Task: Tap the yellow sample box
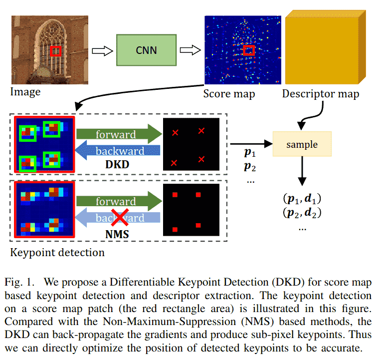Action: [x=302, y=144]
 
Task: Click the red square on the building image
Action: [x=56, y=51]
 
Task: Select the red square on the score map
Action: [x=248, y=50]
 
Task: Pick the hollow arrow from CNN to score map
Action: [x=190, y=50]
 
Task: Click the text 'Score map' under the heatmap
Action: [x=229, y=93]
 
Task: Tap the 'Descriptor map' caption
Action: [x=320, y=93]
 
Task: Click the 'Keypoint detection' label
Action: [x=57, y=252]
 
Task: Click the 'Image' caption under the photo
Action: [x=25, y=92]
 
